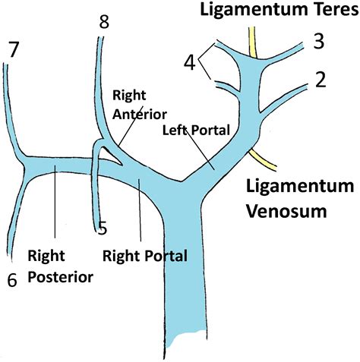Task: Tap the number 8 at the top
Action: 104,21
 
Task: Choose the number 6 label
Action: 11,279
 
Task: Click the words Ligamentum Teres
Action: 284,11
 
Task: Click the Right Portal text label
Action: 146,256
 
